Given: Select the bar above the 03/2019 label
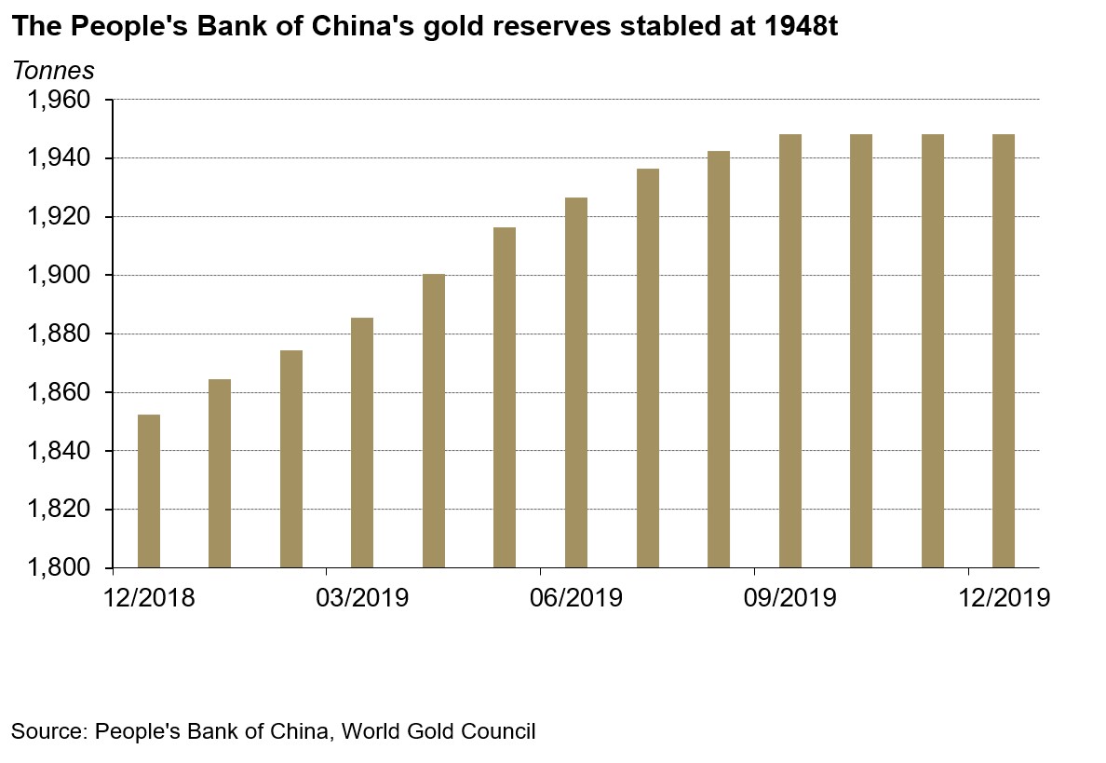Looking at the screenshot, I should click(362, 443).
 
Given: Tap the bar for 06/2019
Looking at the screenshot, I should click(576, 382).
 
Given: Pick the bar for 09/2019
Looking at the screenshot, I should click(790, 350).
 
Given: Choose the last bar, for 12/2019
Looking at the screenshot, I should click(1004, 350).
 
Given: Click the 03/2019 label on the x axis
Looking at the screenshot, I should click(362, 597).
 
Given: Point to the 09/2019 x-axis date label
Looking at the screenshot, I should click(790, 597).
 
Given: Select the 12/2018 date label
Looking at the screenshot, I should click(149, 597).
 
